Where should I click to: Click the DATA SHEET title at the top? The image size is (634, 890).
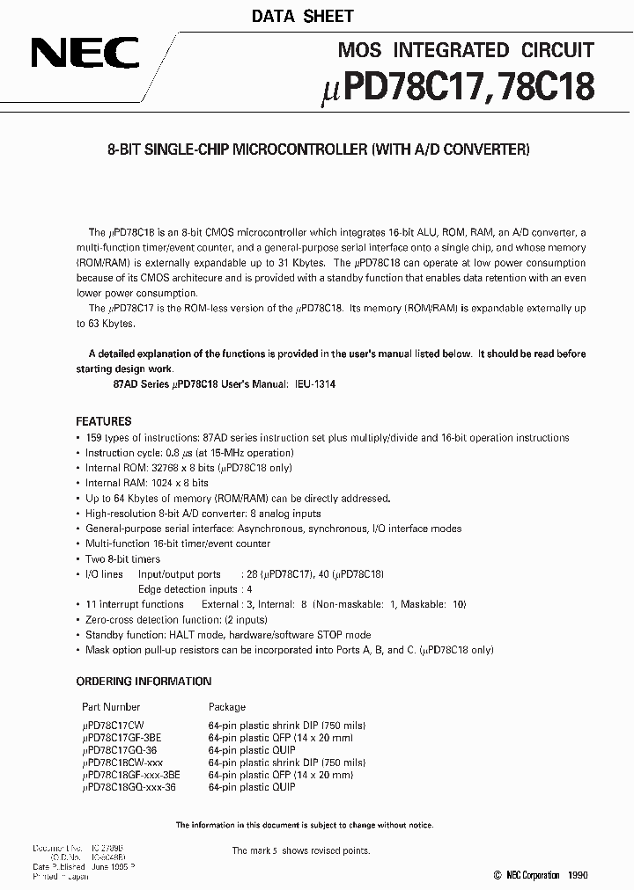pyautogui.click(x=303, y=16)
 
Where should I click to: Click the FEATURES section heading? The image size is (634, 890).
pyautogui.click(x=104, y=421)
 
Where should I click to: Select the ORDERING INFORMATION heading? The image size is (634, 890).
pyautogui.click(x=144, y=681)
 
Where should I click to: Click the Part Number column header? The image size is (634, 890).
pyautogui.click(x=111, y=706)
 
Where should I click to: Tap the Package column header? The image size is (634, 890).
pyautogui.click(x=227, y=706)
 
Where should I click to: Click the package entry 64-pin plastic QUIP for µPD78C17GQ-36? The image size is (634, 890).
pyautogui.click(x=252, y=750)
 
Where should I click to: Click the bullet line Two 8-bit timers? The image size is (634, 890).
pyautogui.click(x=122, y=559)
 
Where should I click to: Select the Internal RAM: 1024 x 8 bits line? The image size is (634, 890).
pyautogui.click(x=146, y=483)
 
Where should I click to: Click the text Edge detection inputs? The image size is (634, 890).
pyautogui.click(x=188, y=589)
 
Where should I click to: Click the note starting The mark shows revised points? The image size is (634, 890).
pyautogui.click(x=301, y=850)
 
